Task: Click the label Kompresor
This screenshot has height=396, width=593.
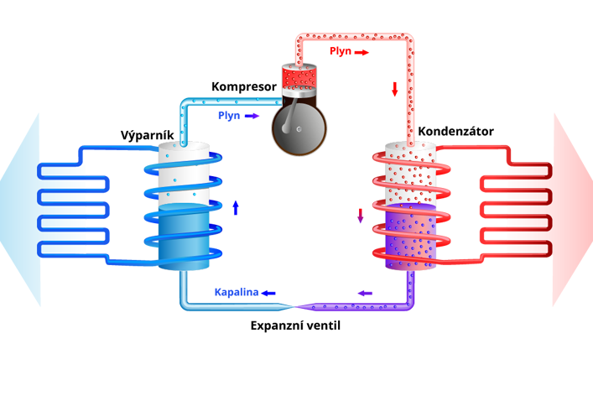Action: point(243,86)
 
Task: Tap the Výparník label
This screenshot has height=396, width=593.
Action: point(147,136)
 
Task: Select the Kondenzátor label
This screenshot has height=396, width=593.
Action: point(455,132)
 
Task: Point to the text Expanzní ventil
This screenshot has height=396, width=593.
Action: point(296,325)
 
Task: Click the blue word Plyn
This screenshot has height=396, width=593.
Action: point(229,115)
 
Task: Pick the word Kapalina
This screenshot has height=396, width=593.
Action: point(235,292)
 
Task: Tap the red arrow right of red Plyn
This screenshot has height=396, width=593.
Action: point(362,52)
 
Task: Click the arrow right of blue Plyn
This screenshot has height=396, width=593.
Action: point(252,116)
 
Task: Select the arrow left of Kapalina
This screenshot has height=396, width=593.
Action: point(268,293)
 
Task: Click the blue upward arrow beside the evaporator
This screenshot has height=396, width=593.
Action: point(236,207)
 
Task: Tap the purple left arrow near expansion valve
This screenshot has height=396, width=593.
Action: point(365,293)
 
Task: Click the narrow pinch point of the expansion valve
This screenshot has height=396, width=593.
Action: point(291,306)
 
